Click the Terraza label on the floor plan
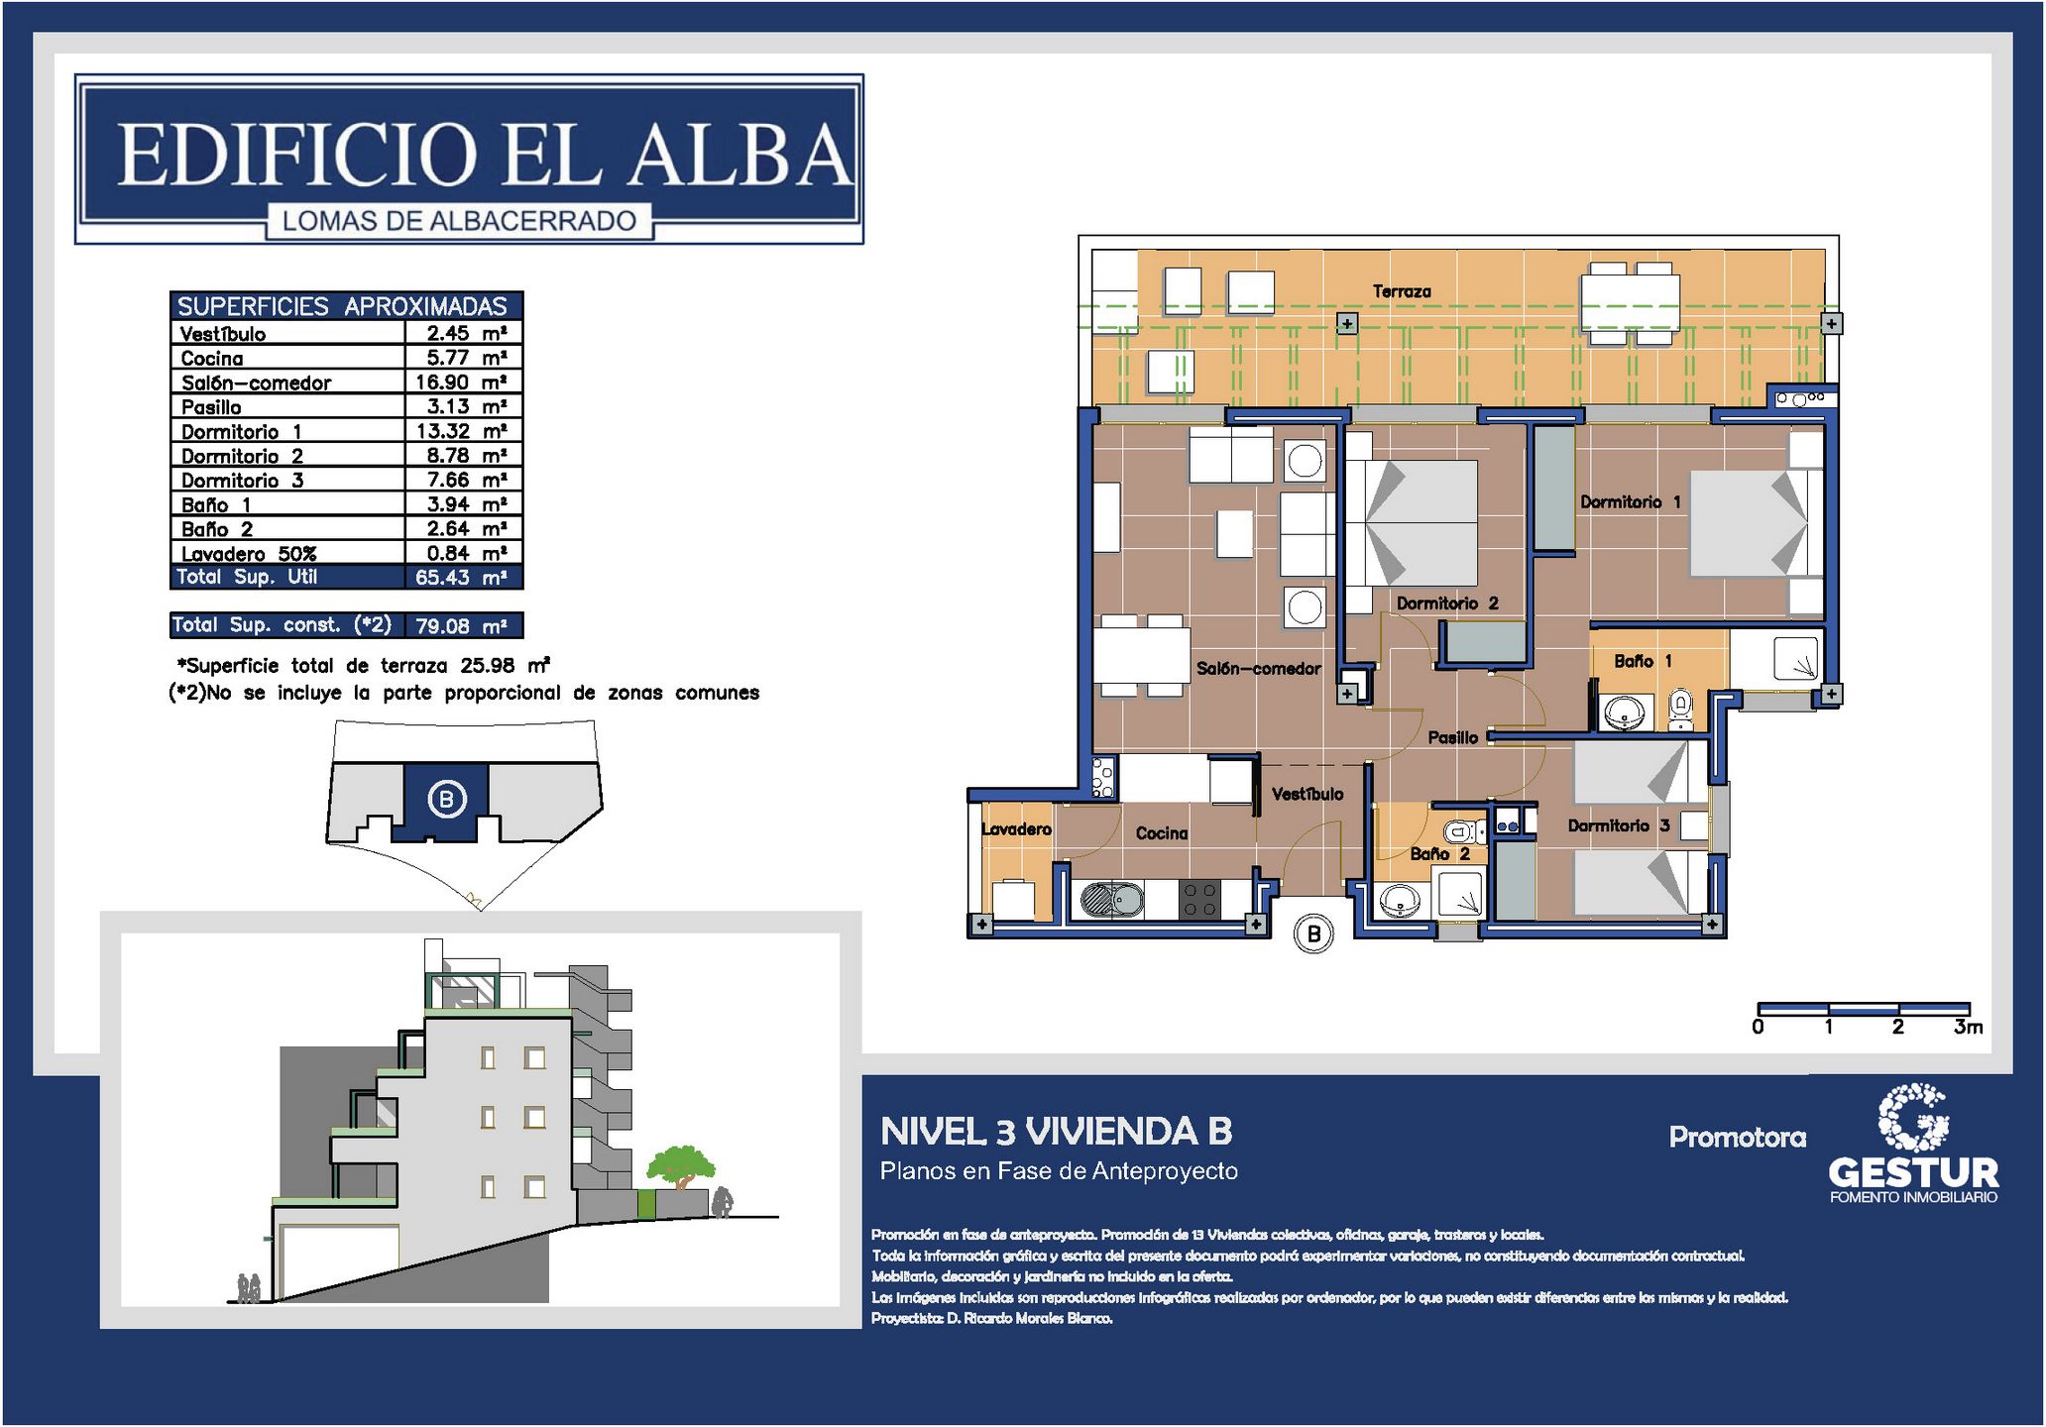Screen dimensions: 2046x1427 [1402, 291]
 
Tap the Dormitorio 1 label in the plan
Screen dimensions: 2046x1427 [1631, 502]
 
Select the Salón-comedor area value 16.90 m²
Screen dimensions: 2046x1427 [461, 383]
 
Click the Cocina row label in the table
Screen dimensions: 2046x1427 [212, 359]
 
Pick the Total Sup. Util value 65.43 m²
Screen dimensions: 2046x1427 [461, 578]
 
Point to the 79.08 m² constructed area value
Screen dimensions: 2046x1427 [461, 626]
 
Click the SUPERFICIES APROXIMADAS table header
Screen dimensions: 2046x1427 [342, 306]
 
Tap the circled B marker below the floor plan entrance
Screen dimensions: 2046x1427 [1314, 933]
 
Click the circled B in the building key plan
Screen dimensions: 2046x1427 [446, 799]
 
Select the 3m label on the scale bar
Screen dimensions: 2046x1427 [1969, 1028]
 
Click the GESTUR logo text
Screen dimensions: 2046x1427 [1913, 1173]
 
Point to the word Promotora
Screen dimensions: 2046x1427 [1738, 1138]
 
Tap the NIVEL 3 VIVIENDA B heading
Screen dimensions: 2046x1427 [1057, 1132]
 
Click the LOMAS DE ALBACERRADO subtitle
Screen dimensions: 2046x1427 [459, 221]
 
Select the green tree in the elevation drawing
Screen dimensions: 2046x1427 [680, 1165]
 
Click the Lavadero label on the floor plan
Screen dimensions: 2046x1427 [1016, 829]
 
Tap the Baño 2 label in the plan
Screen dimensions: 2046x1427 [1440, 854]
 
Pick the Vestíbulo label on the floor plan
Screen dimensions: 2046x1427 [1307, 795]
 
